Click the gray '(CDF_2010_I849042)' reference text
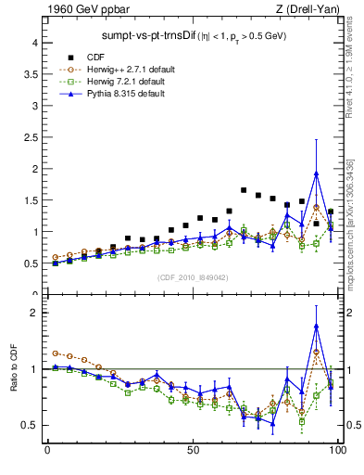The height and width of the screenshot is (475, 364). click(x=191, y=276)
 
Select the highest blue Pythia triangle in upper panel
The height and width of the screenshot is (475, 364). click(x=317, y=173)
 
